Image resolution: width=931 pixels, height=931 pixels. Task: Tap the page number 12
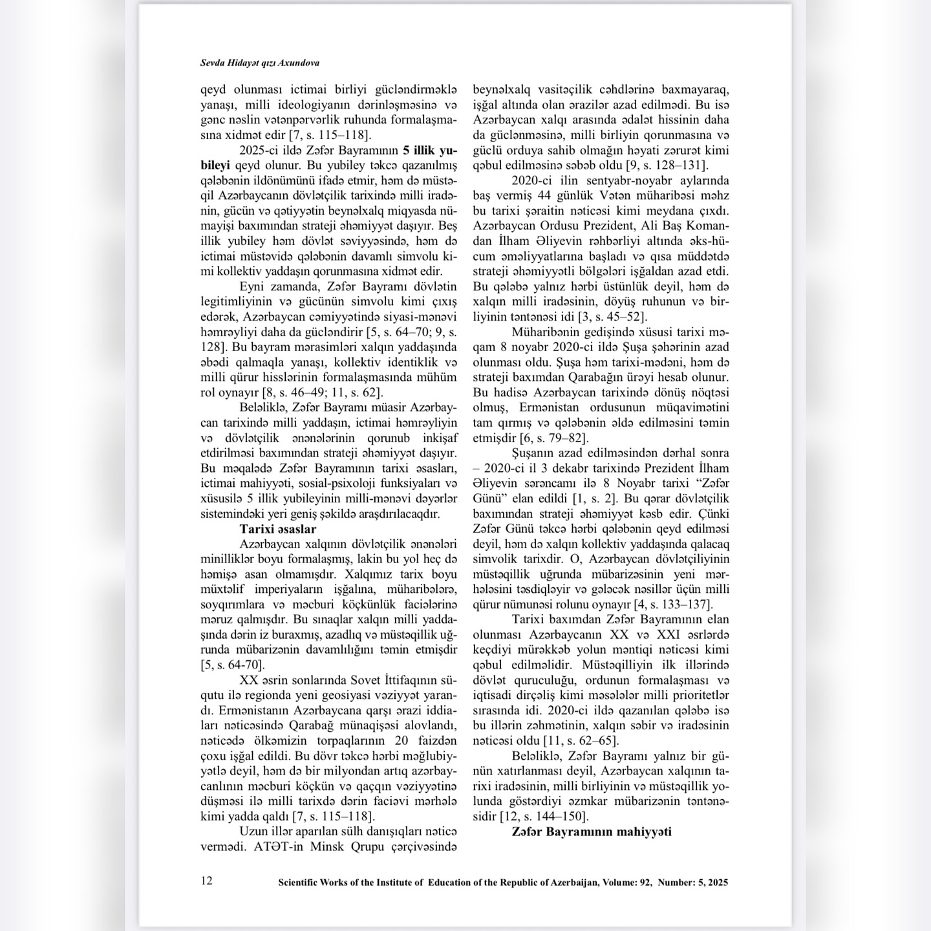point(207,880)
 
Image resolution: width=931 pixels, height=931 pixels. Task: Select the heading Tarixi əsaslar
point(277,529)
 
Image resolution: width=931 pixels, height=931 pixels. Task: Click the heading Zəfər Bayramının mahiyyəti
point(591,831)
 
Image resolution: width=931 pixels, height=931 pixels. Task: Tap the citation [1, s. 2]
point(595,498)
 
